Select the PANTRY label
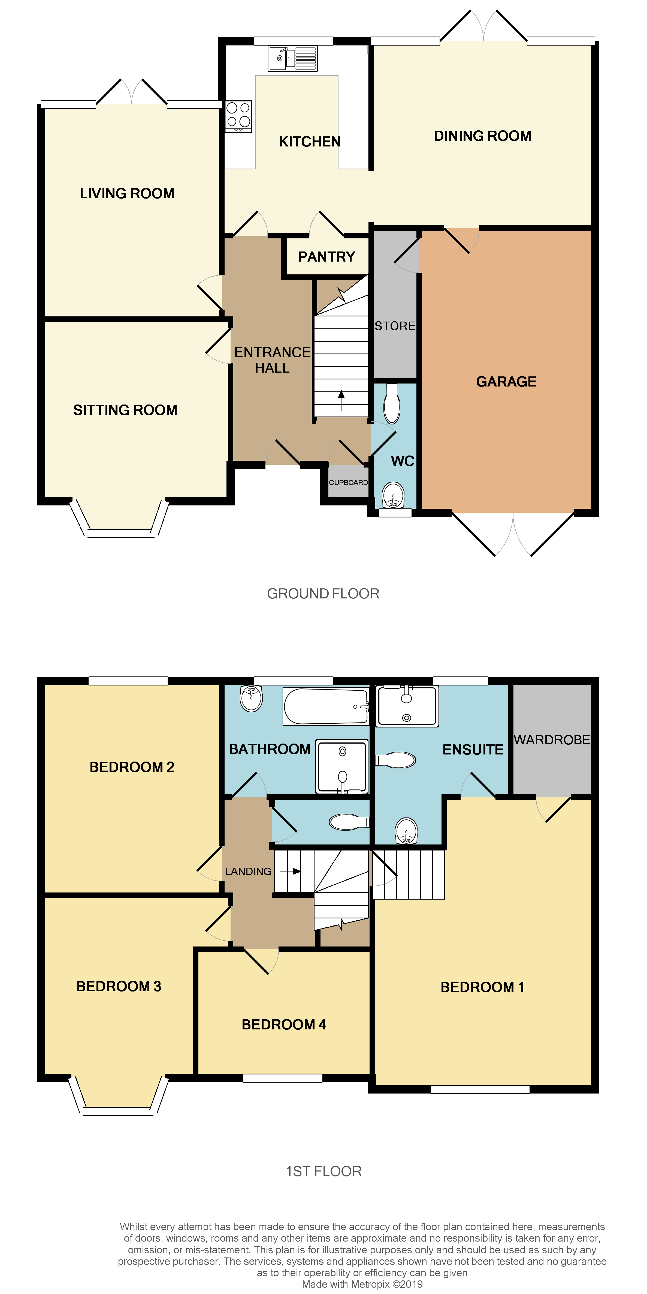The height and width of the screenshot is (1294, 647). point(326,257)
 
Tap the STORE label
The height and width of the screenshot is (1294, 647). point(395,326)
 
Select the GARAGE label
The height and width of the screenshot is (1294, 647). point(506,382)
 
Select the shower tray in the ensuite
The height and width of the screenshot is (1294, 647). point(407,706)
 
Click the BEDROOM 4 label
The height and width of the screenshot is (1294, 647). point(284,1024)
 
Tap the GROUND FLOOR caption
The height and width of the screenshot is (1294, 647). point(323,594)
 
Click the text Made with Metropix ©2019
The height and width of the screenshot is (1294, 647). point(362,1284)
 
